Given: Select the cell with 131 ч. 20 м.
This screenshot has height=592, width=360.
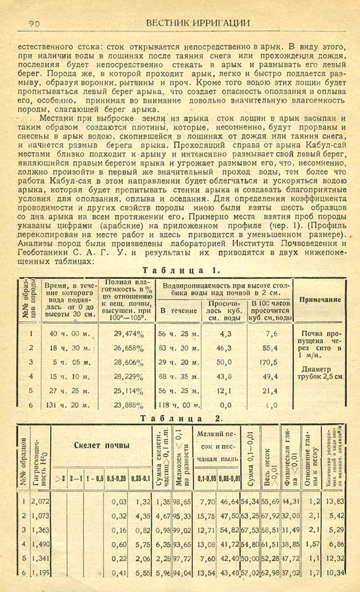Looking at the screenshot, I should pyautogui.click(x=67, y=406).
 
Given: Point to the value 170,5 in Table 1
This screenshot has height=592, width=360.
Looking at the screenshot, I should pyautogui.click(x=268, y=362).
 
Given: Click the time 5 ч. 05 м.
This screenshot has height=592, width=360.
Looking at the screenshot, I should pyautogui.click(x=67, y=362).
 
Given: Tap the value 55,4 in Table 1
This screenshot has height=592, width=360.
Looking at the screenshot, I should pyautogui.click(x=268, y=347).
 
